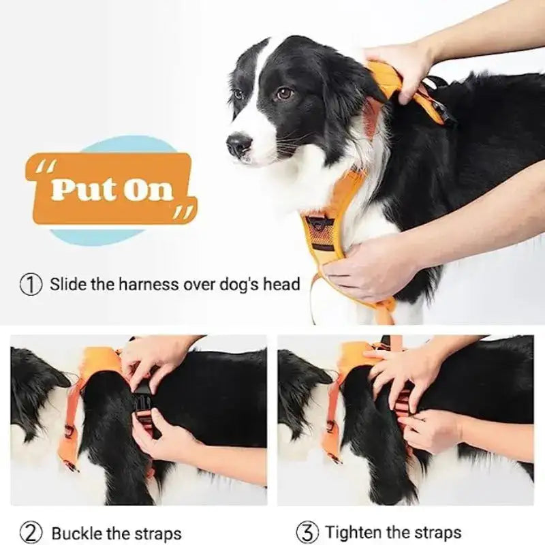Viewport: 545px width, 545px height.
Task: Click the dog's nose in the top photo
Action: point(238,143)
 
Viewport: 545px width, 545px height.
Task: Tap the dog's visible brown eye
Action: point(283,93)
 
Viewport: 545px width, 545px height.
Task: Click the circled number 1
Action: point(31,284)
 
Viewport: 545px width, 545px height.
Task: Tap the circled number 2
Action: point(31,532)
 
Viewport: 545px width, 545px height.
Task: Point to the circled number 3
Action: point(308,532)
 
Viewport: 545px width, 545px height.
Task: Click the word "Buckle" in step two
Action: point(78,533)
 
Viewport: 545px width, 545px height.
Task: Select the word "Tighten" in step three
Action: point(356,532)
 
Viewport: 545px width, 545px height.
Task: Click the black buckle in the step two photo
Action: point(144,402)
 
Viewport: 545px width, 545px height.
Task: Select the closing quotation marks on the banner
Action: point(183,213)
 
